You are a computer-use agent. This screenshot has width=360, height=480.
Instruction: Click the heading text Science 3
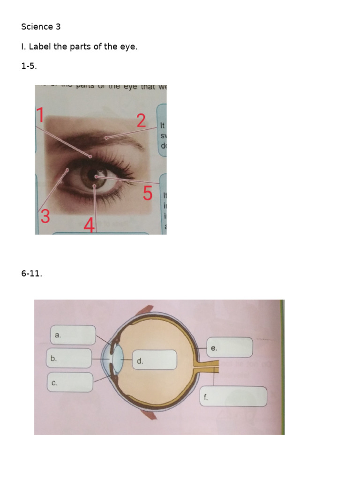(x=41, y=27)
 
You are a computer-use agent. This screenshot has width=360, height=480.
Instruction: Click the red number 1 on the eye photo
(x=41, y=115)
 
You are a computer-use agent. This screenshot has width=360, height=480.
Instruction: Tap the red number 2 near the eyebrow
(x=141, y=120)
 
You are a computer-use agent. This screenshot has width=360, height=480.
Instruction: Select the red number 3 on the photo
(x=45, y=217)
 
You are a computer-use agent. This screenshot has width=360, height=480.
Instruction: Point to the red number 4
(x=89, y=225)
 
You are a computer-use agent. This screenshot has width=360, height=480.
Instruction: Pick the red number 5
(x=148, y=193)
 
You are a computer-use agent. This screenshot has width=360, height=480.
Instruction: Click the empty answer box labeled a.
(x=72, y=335)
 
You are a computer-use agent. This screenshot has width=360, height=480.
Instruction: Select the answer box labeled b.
(x=69, y=358)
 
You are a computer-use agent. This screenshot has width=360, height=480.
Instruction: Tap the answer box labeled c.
(x=70, y=382)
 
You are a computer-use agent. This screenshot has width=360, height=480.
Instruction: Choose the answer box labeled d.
(x=154, y=360)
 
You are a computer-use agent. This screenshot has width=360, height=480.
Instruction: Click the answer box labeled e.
(x=230, y=347)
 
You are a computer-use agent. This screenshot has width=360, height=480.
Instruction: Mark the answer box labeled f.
(x=233, y=397)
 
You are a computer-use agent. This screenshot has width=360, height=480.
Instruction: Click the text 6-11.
(x=31, y=274)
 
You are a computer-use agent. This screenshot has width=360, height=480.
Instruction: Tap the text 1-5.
(x=29, y=66)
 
